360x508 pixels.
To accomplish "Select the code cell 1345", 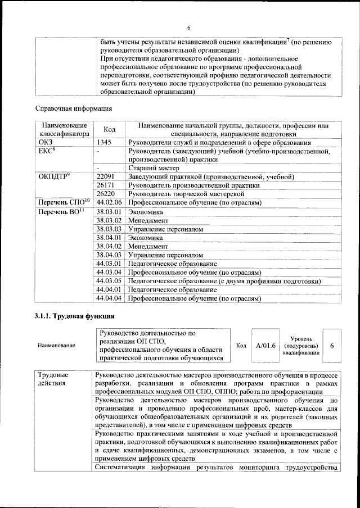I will tap(104, 143).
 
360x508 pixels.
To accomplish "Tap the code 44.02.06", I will tap(109, 202).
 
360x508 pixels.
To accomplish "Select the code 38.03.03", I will tap(109, 229).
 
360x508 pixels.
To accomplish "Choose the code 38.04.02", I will tap(109, 246).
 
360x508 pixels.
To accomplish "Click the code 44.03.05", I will tap(109, 280).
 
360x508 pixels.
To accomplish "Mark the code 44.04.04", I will tap(109, 298).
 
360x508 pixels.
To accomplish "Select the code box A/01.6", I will tap(265, 345).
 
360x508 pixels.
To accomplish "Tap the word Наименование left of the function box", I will tap(56, 346).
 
